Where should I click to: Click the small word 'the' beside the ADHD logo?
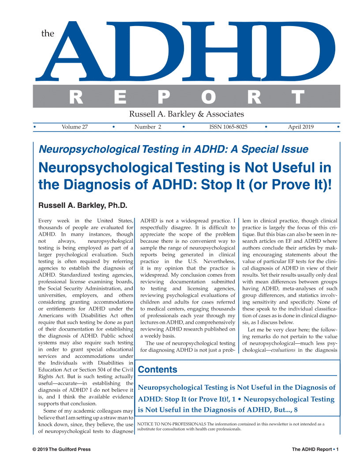[x=47, y=34]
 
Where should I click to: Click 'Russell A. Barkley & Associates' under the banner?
[x=186, y=114]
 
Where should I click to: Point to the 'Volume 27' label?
[x=75, y=127]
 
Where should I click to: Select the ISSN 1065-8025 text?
[x=228, y=127]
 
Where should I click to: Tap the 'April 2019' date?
[x=301, y=127]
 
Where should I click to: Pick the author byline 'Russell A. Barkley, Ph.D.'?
[x=83, y=205]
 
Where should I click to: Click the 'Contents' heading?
[x=158, y=370]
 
